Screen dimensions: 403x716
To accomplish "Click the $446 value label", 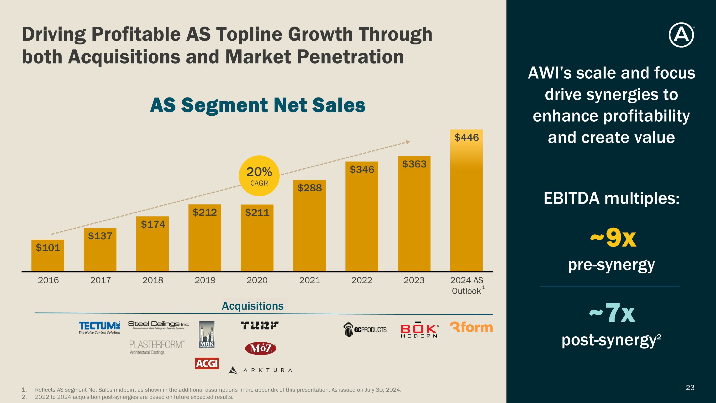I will click(x=466, y=137).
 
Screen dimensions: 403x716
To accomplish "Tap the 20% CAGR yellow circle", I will click(x=259, y=176).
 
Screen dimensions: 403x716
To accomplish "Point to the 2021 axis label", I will click(x=310, y=280).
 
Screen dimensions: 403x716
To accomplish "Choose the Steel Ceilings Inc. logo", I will click(x=158, y=325).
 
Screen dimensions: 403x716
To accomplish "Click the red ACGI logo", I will click(x=207, y=363).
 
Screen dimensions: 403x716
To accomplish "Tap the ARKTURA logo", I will click(x=260, y=370).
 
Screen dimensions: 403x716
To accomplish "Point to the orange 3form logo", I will click(x=471, y=327).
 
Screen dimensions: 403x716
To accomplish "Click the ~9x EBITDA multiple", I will click(x=613, y=238).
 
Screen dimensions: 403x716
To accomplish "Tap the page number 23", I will click(x=690, y=387).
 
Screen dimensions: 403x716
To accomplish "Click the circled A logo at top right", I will click(x=681, y=35).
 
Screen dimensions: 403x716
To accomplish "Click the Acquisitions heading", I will click(x=252, y=306).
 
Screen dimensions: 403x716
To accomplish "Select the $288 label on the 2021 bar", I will click(x=310, y=188).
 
